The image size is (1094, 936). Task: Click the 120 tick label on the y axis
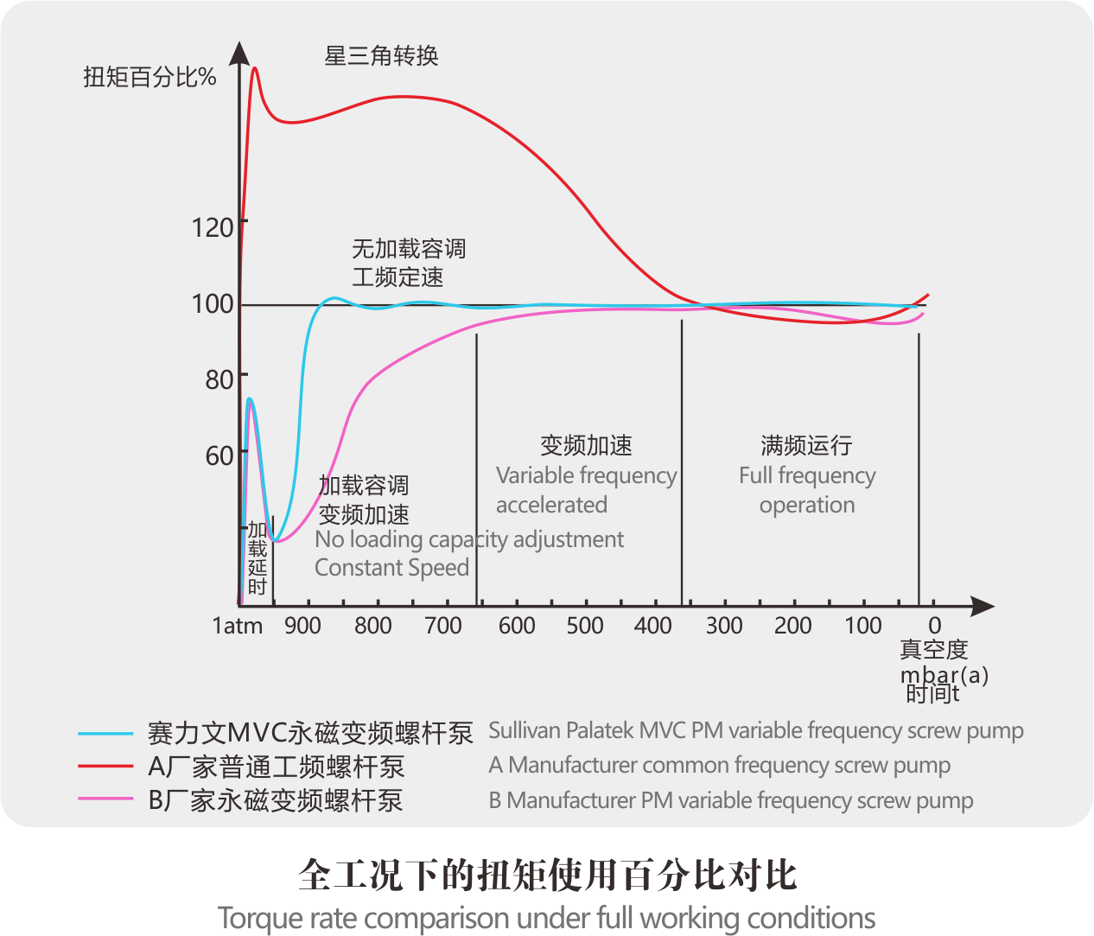[212, 227]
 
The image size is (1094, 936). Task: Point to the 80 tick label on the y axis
[219, 379]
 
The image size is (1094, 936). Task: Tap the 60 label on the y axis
[219, 455]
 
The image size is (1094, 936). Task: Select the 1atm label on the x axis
[238, 626]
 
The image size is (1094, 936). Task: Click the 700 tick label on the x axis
[443, 626]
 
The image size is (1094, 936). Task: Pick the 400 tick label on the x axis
[652, 626]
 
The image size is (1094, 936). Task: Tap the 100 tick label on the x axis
[862, 626]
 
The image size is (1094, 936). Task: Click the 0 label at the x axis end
[934, 626]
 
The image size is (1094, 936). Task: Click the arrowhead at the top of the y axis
[239, 53]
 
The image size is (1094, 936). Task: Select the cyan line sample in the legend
[105, 734]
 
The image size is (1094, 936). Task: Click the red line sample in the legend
[105, 767]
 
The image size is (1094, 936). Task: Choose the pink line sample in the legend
[105, 799]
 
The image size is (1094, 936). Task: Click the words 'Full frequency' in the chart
[807, 475]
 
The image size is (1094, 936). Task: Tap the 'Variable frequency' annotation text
[586, 475]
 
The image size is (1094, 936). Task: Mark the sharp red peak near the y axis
[255, 69]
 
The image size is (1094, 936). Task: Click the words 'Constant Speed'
[391, 568]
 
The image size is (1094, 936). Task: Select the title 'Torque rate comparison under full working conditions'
[546, 918]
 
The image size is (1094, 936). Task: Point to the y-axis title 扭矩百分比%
[149, 77]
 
